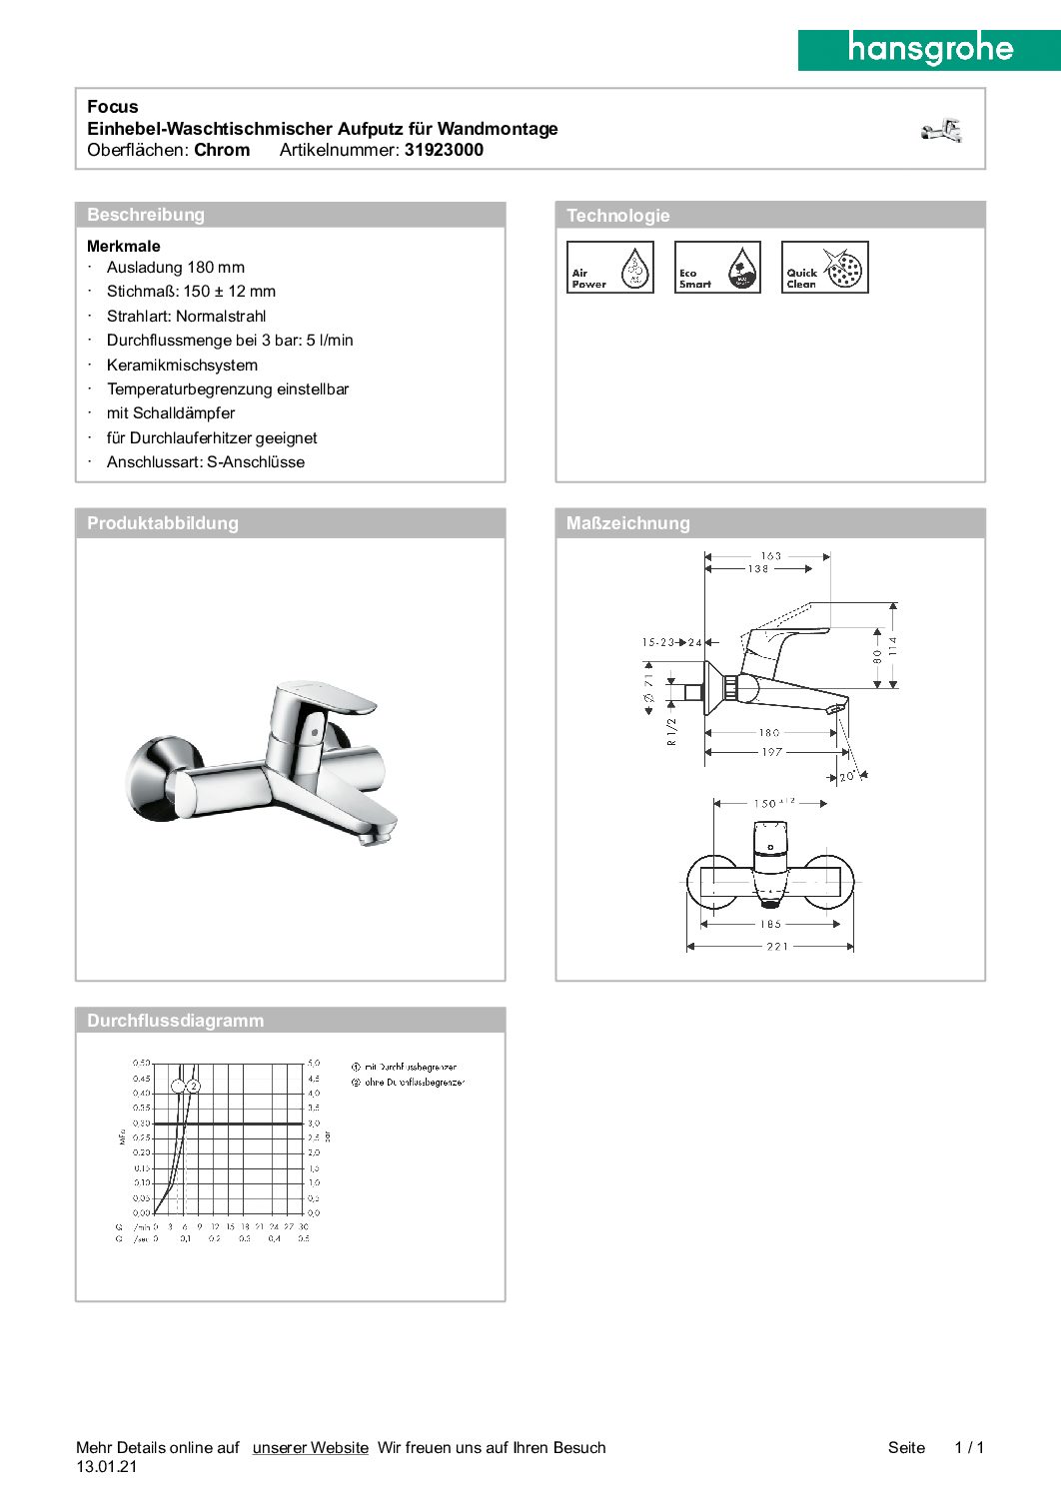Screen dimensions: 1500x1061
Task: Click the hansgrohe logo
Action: click(929, 49)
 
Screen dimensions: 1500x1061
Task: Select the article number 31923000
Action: click(444, 150)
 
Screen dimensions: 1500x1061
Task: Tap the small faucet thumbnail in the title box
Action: click(942, 131)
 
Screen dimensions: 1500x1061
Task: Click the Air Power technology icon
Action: click(610, 268)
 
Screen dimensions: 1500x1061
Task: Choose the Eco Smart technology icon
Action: click(717, 268)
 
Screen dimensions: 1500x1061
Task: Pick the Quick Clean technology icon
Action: click(824, 268)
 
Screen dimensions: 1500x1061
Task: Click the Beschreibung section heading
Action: click(146, 215)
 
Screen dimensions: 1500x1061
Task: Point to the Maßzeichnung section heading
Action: click(628, 523)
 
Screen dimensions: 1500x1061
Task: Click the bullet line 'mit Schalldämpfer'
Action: click(171, 413)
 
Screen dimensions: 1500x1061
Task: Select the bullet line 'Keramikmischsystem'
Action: click(182, 366)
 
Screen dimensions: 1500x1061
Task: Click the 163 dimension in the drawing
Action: click(771, 556)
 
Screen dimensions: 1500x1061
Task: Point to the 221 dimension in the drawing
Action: click(777, 946)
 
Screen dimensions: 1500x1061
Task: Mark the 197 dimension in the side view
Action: click(771, 752)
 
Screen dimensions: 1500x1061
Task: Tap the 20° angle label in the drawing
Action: click(847, 776)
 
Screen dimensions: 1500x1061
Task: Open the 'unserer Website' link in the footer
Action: click(311, 1447)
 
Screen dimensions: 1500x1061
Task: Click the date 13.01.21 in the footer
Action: click(107, 1467)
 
